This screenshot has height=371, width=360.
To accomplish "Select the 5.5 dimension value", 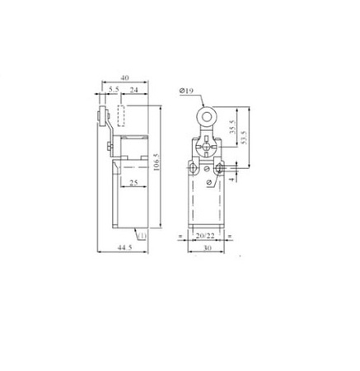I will point(114,89).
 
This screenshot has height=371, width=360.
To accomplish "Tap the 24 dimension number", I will point(133,89).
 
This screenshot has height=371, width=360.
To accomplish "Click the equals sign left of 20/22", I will point(180,237).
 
